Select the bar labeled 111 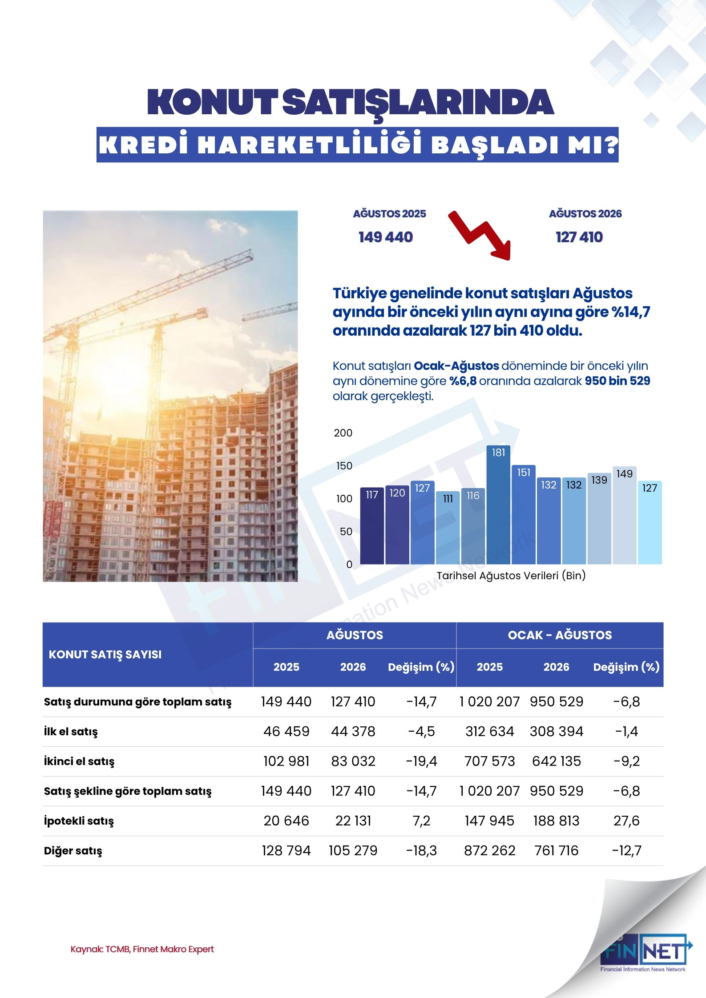pyautogui.click(x=448, y=528)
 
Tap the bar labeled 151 pyautogui.click(x=524, y=514)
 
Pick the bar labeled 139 pyautogui.click(x=599, y=518)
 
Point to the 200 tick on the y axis pyautogui.click(x=343, y=433)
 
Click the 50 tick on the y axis pyautogui.click(x=346, y=532)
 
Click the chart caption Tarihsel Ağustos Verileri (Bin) pyautogui.click(x=511, y=576)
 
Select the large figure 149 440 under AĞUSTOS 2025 pyautogui.click(x=386, y=237)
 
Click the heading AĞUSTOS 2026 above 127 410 pyautogui.click(x=585, y=214)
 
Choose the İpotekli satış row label pyautogui.click(x=79, y=821)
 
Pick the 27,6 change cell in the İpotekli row pyautogui.click(x=626, y=821)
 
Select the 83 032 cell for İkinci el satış pyautogui.click(x=353, y=761)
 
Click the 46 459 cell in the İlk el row pyautogui.click(x=286, y=731)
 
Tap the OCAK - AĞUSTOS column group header pyautogui.click(x=560, y=635)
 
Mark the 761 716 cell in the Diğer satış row pyautogui.click(x=556, y=850)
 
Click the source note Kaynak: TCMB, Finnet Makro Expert pyautogui.click(x=142, y=949)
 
